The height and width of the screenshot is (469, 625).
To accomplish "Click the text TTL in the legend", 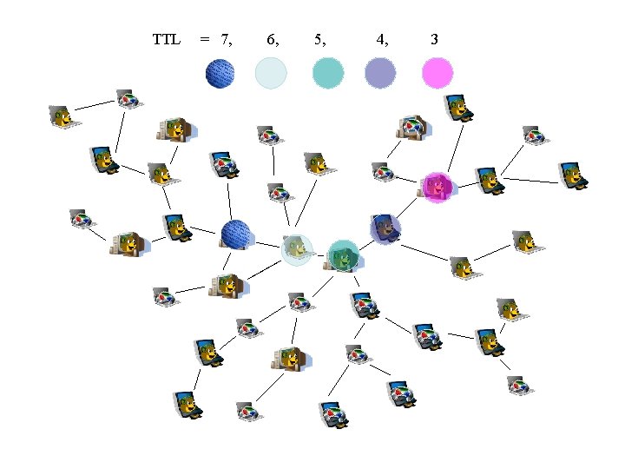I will tap(166, 39).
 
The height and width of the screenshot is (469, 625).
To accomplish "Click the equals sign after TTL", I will tap(204, 39).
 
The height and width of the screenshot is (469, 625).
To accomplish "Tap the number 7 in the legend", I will tap(226, 39).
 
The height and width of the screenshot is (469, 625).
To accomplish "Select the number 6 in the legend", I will tap(272, 39).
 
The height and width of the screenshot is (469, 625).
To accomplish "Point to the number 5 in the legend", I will tap(319, 39).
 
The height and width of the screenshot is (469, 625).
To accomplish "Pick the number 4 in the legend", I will tap(381, 39).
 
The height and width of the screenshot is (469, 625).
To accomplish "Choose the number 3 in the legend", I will tap(434, 39).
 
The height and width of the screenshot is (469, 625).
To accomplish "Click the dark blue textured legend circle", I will tap(221, 73).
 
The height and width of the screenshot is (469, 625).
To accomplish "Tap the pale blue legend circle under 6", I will tap(271, 73).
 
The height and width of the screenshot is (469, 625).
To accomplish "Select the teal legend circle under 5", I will tap(328, 73).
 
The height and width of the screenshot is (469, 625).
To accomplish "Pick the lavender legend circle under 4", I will tap(381, 73).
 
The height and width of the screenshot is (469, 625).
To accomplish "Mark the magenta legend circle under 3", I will tap(437, 73).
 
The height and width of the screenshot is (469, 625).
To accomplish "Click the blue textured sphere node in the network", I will tap(236, 234).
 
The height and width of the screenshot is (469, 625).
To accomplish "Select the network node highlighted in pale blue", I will tap(297, 249).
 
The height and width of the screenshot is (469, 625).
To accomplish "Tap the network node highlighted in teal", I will tap(344, 255).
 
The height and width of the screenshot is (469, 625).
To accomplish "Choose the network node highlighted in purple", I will tap(385, 229).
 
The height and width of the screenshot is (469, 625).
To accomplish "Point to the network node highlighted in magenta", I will tap(437, 188).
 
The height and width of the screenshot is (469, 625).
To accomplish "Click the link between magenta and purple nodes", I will tap(410, 208).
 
